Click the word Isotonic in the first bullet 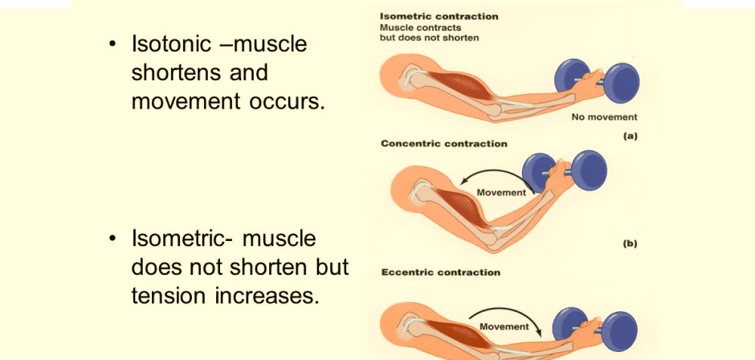pyautogui.click(x=171, y=44)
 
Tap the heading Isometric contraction pyautogui.click(x=439, y=16)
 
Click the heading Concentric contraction pyautogui.click(x=444, y=144)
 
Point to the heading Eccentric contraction pyautogui.click(x=441, y=272)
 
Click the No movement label pyautogui.click(x=604, y=117)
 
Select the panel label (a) pyautogui.click(x=630, y=137)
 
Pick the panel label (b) pyautogui.click(x=630, y=243)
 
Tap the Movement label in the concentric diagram pyautogui.click(x=501, y=193)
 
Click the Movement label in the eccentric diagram pyautogui.click(x=504, y=326)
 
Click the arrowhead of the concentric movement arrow pyautogui.click(x=463, y=182)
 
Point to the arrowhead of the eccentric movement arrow pyautogui.click(x=541, y=333)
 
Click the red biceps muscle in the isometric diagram pyautogui.click(x=460, y=86)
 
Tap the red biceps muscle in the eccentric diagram pyautogui.click(x=461, y=332)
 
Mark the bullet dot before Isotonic pyautogui.click(x=112, y=44)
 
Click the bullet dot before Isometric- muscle pyautogui.click(x=112, y=239)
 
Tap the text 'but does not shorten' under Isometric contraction pyautogui.click(x=429, y=38)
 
